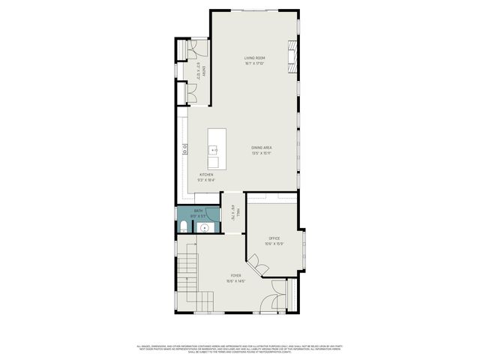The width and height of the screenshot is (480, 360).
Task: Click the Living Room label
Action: pyautogui.click(x=255, y=58)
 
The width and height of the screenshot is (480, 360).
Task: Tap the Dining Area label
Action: pyautogui.click(x=261, y=148)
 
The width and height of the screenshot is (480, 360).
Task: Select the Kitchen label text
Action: pyautogui.click(x=206, y=175)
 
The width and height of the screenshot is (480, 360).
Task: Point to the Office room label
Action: pyautogui.click(x=274, y=238)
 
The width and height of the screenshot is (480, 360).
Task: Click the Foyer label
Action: pyautogui.click(x=236, y=276)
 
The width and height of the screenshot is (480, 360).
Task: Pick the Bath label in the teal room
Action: pyautogui.click(x=199, y=211)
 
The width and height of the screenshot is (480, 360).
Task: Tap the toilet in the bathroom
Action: pyautogui.click(x=183, y=226)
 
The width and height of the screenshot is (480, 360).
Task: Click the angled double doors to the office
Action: pyautogui.click(x=259, y=266)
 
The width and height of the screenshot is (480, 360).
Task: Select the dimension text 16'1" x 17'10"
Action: pyautogui.click(x=255, y=63)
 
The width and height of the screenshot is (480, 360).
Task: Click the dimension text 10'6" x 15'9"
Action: pyautogui.click(x=274, y=244)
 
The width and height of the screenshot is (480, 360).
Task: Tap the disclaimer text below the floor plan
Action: pyautogui.click(x=240, y=348)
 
